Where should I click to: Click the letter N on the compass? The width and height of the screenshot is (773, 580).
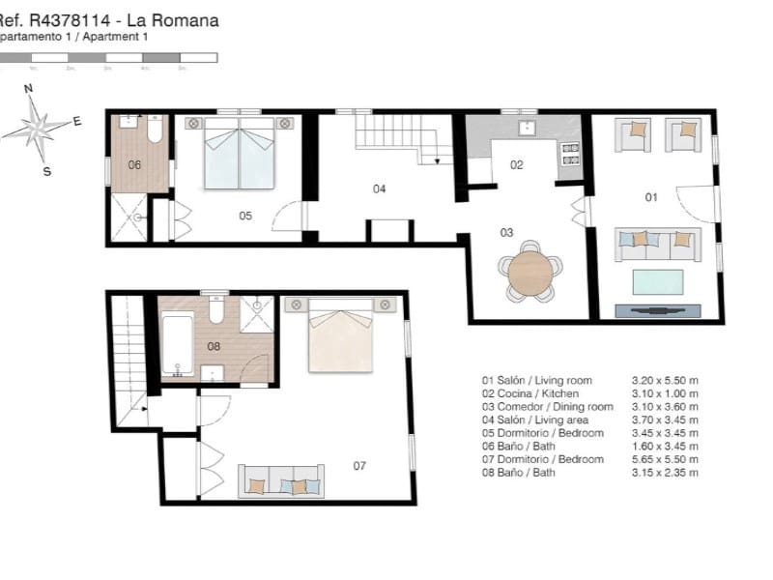point(29,88)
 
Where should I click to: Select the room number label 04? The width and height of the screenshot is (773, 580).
point(380,188)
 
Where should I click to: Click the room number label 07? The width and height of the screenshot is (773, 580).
point(359,466)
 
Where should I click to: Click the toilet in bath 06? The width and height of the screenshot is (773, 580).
point(156,130)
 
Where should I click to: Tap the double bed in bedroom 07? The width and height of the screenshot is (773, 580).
point(340,335)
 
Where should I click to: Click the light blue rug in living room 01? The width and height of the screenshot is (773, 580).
point(658,282)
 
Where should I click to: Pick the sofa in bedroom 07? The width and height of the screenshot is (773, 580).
point(281,481)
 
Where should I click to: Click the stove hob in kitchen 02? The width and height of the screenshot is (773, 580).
point(570,154)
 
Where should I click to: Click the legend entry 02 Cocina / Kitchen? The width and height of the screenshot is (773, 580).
point(530,393)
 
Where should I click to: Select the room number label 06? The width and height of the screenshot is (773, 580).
point(134,164)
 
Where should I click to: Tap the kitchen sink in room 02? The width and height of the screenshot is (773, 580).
point(527,128)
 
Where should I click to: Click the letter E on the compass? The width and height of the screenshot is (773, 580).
point(77,122)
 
